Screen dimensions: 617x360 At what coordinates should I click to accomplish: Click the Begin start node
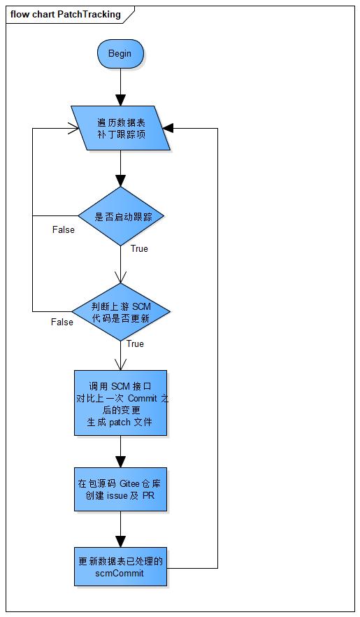click(120, 54)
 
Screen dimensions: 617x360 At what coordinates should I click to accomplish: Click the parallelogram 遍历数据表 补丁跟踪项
click(121, 128)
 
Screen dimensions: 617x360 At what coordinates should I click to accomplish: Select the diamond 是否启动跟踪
click(121, 216)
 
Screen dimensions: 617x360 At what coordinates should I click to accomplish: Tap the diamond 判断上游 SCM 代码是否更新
click(121, 311)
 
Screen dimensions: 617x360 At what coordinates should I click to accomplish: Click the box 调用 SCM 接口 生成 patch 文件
click(121, 403)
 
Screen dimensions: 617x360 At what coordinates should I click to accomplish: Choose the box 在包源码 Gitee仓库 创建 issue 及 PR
click(121, 490)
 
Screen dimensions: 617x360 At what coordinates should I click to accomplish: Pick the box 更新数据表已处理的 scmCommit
click(121, 567)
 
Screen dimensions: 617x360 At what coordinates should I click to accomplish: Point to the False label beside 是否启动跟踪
click(63, 229)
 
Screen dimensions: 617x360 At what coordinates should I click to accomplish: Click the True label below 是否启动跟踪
click(139, 248)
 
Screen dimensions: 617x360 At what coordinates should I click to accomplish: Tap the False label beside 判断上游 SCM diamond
click(62, 322)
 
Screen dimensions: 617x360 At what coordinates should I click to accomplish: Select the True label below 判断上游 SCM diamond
click(135, 343)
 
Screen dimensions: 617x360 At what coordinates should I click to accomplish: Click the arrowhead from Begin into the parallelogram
click(121, 101)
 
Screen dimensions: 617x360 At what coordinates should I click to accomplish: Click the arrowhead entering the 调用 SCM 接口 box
click(121, 364)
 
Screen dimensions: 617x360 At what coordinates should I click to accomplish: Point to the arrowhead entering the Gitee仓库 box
click(121, 462)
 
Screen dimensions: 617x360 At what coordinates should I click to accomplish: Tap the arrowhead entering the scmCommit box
click(121, 541)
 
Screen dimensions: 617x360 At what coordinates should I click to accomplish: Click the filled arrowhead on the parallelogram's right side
click(168, 128)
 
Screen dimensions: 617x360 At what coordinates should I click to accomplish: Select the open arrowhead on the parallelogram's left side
click(73, 128)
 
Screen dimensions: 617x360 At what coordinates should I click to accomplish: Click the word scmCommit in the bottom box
click(120, 573)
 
